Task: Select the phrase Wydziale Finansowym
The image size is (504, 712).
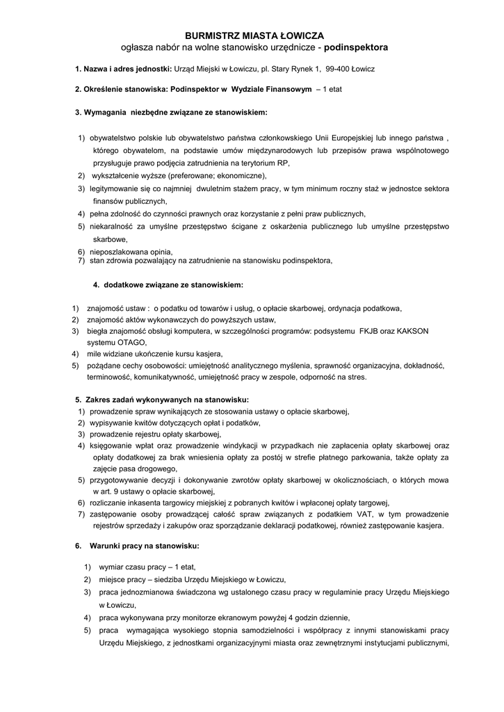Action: coord(271,90)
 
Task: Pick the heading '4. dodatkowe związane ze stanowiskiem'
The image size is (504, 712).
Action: coord(168,284)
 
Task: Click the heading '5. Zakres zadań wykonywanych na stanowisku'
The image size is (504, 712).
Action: coord(161,400)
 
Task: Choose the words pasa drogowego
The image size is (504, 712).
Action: coord(143,469)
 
